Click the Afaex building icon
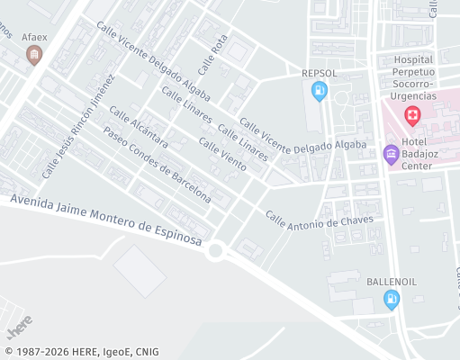coord(35,56)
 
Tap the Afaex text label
coord(35,37)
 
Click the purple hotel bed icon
coord(392,154)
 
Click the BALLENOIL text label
coord(392,282)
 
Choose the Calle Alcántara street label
coord(139,127)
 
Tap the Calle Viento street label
coord(222,156)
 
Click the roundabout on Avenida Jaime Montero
coord(215,250)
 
